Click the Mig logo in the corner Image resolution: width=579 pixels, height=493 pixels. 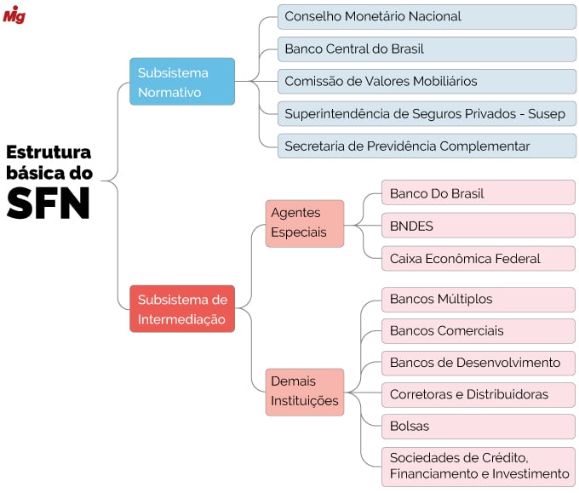click(14, 14)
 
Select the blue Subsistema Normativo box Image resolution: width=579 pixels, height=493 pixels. click(181, 82)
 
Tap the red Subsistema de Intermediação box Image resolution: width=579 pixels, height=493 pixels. click(181, 309)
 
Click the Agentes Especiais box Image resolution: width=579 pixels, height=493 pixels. click(304, 223)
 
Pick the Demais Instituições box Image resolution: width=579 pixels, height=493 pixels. click(304, 392)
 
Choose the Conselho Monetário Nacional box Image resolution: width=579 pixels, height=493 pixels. click(427, 16)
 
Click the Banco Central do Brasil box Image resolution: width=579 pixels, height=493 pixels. click(427, 49)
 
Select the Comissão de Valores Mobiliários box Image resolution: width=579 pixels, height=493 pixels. click(427, 81)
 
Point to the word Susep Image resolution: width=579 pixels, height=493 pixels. click(547, 113)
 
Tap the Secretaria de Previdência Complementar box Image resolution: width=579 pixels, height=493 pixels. click(427, 146)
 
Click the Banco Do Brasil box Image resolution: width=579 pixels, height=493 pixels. click(478, 193)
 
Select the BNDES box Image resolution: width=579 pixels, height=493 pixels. click(478, 226)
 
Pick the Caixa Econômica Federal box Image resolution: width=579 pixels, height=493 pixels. click(478, 258)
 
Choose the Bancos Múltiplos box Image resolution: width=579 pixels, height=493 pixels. click(478, 299)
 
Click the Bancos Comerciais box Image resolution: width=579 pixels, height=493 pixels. click(478, 330)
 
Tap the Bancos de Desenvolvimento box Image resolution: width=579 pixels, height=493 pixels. click(478, 363)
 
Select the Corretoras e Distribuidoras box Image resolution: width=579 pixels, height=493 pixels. click(478, 394)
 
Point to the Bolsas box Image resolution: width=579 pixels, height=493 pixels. click(478, 426)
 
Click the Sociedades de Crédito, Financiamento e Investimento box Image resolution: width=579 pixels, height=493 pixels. click(478, 466)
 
